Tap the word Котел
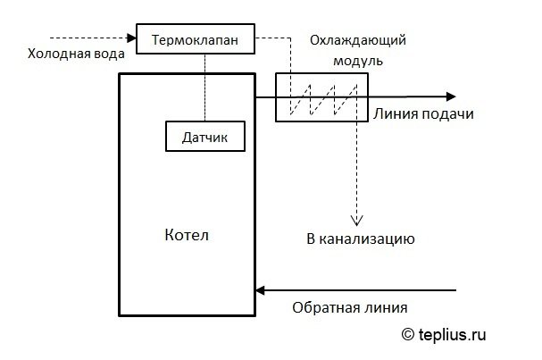pos(187,235)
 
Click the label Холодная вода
pos(76,54)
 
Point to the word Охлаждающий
pos(358,40)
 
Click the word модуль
pos(358,61)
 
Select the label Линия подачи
pos(423,114)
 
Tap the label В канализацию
pos(361,239)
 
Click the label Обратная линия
pos(350,307)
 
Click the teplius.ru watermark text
pos(452,334)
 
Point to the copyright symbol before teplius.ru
pos(408,334)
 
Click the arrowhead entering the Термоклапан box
pos(131,38)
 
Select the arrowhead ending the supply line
pos(451,96)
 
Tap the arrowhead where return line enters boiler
pos(260,290)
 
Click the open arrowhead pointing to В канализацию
pos(357,221)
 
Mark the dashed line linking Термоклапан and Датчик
pos(205,88)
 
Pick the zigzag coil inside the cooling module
pos(323,99)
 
